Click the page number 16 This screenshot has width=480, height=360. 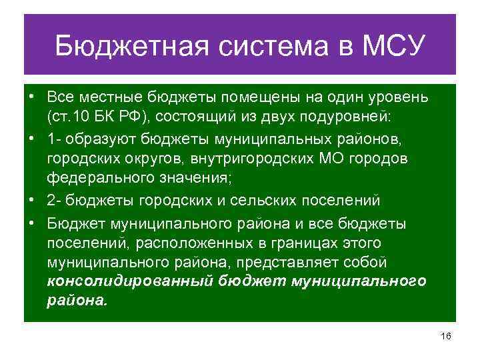pyautogui.click(x=446, y=337)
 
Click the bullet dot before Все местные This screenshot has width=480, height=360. pyautogui.click(x=31, y=98)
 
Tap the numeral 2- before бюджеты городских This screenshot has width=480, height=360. pyautogui.click(x=53, y=199)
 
